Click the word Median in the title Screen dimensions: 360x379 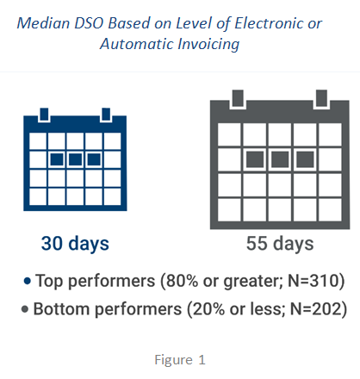[43, 23]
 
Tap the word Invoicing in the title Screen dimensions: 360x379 [208, 44]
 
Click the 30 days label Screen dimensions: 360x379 [75, 244]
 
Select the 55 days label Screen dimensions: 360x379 [280, 244]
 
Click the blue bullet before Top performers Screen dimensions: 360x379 [28, 281]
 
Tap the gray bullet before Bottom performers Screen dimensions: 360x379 [25, 309]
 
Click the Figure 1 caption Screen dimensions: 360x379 [180, 359]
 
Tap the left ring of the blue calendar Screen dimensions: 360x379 [44, 115]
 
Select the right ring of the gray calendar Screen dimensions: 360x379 [321, 98]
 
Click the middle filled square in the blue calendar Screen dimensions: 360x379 [75, 159]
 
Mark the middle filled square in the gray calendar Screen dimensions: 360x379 [280, 159]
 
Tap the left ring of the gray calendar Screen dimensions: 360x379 [238, 98]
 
